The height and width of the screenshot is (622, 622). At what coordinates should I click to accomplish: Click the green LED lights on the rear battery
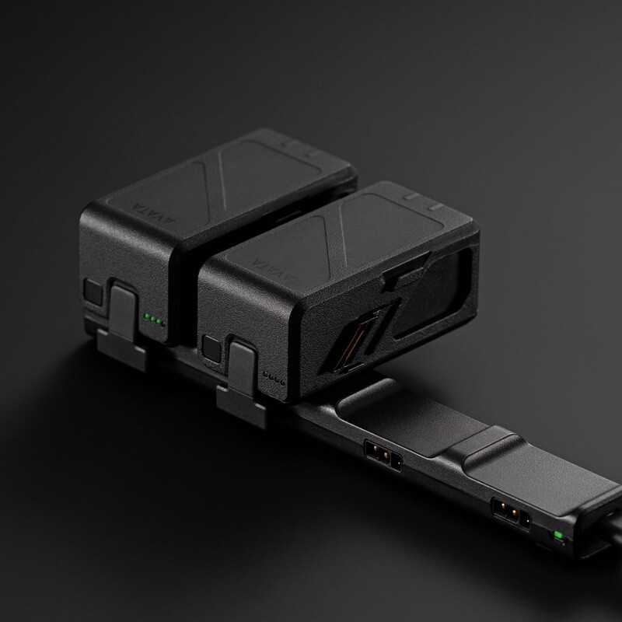[x=154, y=320]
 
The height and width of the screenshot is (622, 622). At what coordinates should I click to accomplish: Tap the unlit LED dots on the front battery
[x=274, y=378]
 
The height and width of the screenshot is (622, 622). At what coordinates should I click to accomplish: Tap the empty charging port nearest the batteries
[x=383, y=456]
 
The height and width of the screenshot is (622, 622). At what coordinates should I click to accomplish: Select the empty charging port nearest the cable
[x=511, y=513]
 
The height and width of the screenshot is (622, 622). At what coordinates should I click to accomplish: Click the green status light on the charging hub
[x=558, y=536]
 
